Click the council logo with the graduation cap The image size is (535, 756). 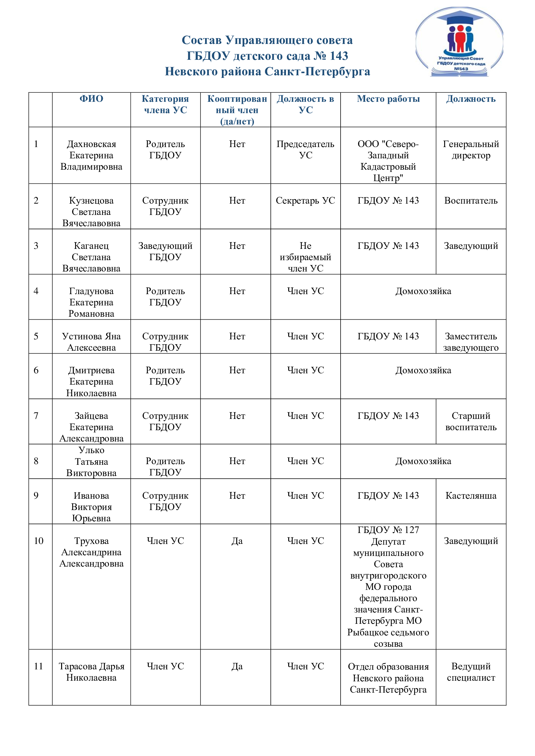click(459, 42)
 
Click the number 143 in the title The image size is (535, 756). click(339, 56)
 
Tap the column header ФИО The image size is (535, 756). click(91, 99)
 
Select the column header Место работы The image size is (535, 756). click(388, 99)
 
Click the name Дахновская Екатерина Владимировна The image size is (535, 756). click(91, 155)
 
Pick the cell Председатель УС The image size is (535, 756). click(305, 150)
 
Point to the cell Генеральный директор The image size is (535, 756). click(471, 150)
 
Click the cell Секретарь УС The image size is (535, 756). click(305, 200)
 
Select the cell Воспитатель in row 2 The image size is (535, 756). click(471, 200)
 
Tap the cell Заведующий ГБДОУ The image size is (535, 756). click(165, 251)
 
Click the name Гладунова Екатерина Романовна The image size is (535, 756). click(91, 302)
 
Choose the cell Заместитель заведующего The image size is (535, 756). click(471, 342)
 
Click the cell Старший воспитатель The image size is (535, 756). click(471, 421)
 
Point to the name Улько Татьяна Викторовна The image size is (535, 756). click(91, 462)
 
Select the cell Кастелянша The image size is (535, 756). click(471, 495)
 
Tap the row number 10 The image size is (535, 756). click(38, 541)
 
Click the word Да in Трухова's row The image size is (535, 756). click(237, 541)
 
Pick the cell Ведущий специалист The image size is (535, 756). click(471, 672)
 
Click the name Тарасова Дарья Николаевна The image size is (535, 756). click(91, 672)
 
